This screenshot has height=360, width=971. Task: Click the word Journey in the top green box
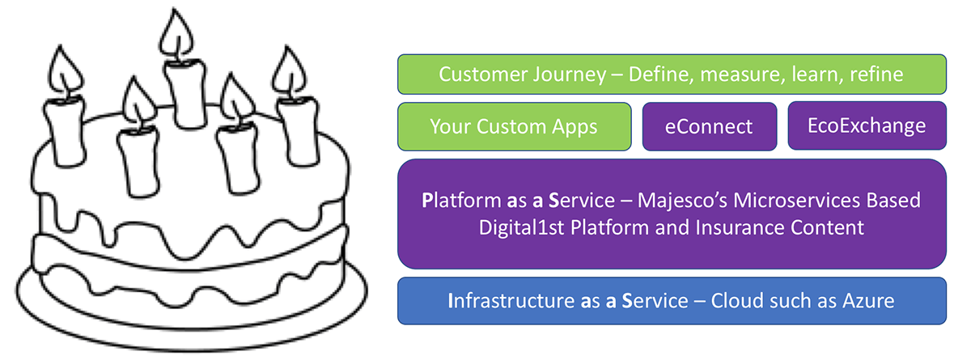569,74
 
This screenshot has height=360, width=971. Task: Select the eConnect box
710,126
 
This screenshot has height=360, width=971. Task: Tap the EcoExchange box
867,125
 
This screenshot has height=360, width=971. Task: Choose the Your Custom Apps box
515,126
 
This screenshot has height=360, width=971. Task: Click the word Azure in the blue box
868,301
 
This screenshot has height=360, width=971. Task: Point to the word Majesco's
682,200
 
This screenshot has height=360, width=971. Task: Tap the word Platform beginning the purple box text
461,200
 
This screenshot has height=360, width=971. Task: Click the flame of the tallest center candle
176,35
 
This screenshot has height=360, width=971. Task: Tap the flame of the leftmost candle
64,70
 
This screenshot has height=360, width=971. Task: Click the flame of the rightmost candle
289,70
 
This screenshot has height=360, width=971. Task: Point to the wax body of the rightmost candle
299,131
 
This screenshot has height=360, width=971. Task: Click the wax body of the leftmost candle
64,131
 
